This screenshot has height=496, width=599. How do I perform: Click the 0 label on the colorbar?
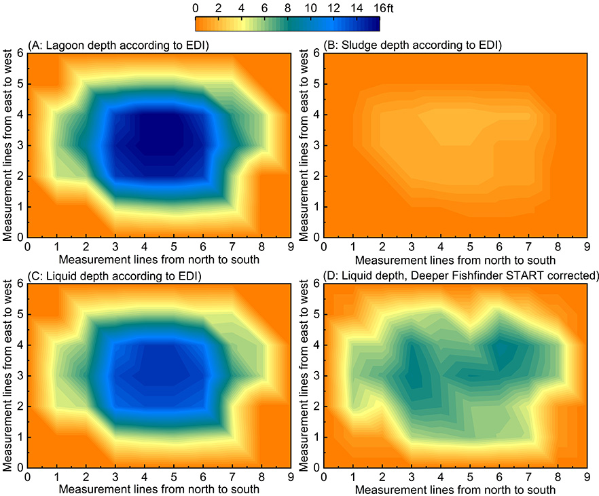pos(196,8)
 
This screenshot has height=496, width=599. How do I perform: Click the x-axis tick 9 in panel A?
pos(289,246)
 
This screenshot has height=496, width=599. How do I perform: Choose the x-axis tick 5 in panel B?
pos(468,246)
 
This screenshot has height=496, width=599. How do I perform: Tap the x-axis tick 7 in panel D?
pos(527,477)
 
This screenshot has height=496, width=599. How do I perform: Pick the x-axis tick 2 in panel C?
pos(86,477)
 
